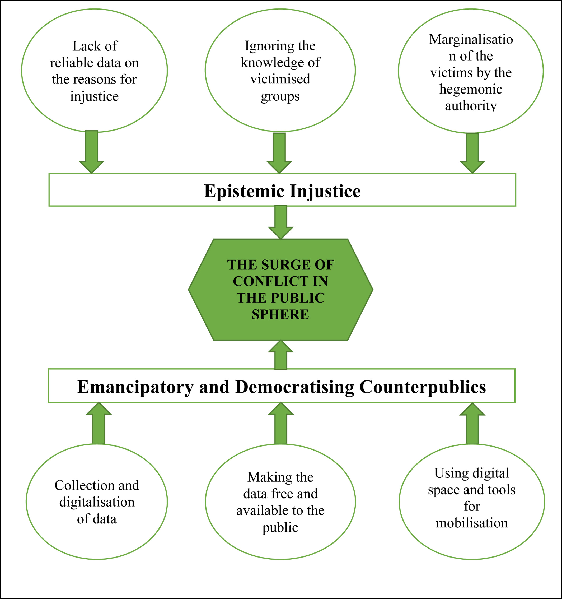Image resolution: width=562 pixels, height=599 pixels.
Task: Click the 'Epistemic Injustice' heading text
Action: tap(282, 191)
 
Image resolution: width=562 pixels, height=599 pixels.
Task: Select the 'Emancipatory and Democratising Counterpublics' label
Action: tap(281, 387)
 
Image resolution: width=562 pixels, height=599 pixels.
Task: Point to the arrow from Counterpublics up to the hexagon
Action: tap(281, 356)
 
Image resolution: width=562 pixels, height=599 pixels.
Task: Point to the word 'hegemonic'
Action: tap(471, 89)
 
